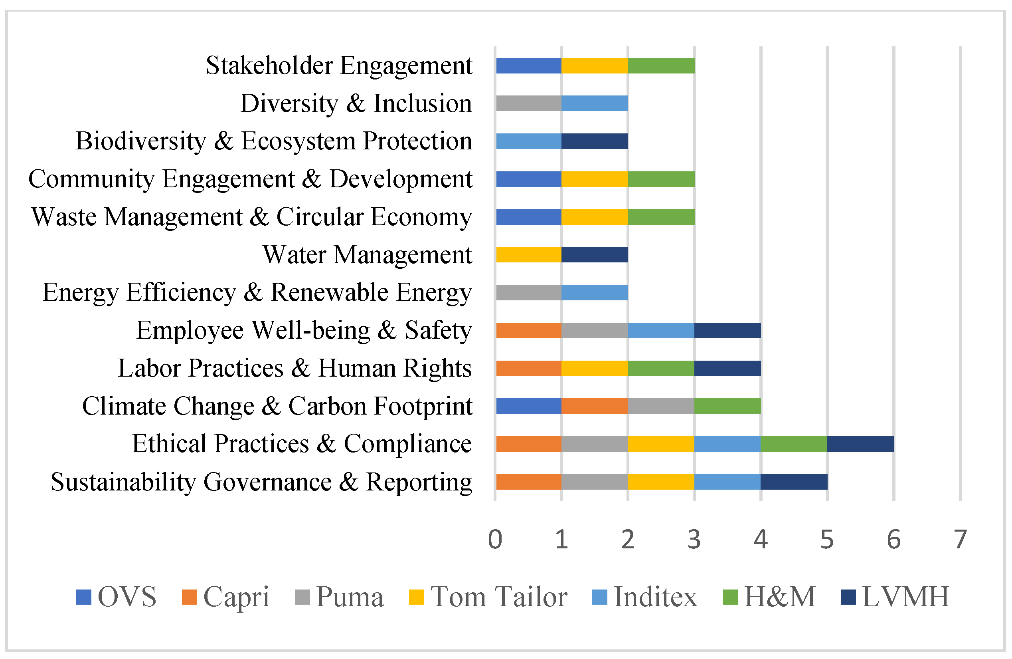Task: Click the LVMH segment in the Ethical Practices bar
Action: click(x=860, y=444)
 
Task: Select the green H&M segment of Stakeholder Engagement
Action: click(x=661, y=66)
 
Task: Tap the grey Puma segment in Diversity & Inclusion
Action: click(x=528, y=103)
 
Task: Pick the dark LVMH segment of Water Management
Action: click(x=595, y=254)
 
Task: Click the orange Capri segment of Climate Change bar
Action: click(x=595, y=406)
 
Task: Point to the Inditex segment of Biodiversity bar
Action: click(x=528, y=141)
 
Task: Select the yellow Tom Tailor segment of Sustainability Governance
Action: click(x=661, y=482)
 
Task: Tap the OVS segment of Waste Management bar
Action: click(x=528, y=217)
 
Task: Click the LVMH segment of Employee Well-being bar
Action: click(x=727, y=331)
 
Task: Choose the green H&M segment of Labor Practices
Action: click(x=661, y=368)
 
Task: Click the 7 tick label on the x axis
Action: click(x=960, y=540)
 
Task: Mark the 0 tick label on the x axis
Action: click(x=495, y=540)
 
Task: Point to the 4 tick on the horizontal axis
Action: click(x=761, y=540)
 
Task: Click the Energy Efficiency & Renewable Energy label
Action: click(x=257, y=293)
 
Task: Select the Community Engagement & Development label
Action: click(x=250, y=179)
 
